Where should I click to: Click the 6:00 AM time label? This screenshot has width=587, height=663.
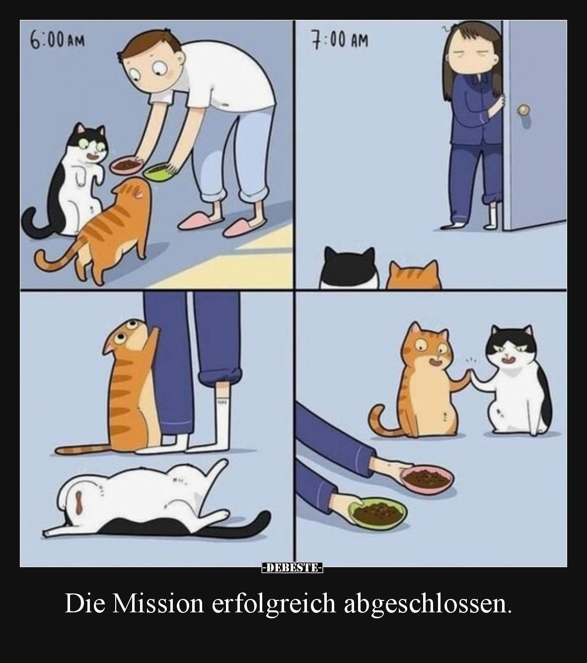pos(57,41)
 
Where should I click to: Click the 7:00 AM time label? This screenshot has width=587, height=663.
pos(340,41)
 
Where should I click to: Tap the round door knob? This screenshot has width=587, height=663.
pos(524,110)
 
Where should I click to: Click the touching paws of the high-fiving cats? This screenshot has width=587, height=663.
pos(470,374)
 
